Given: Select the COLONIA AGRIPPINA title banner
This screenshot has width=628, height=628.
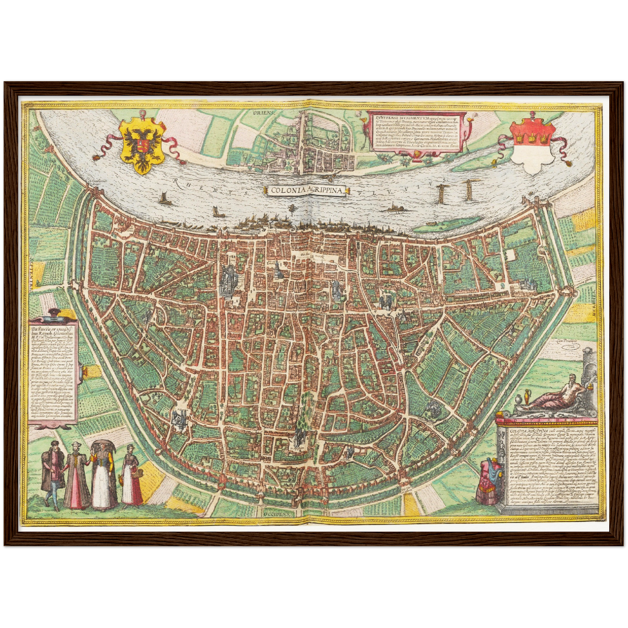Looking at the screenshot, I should tap(307, 190).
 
